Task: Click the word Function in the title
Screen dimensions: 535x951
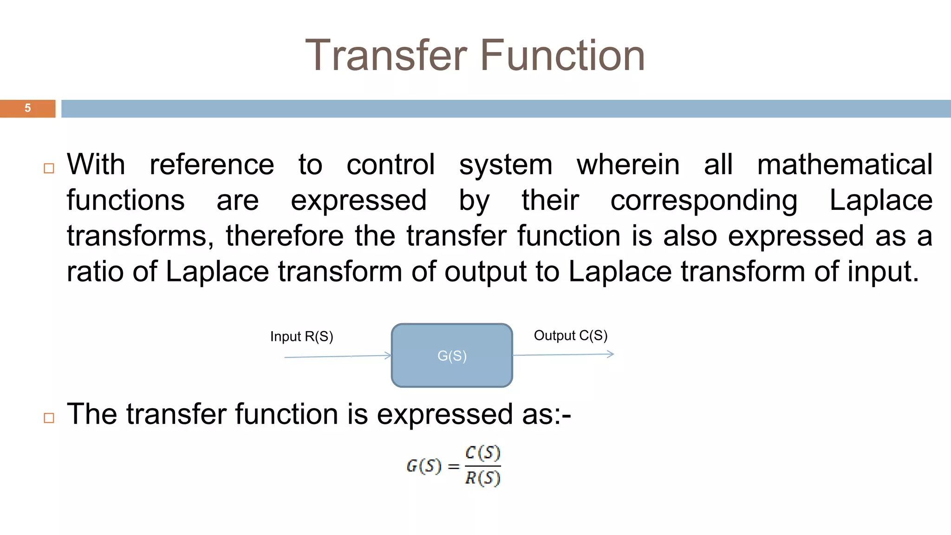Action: [562, 55]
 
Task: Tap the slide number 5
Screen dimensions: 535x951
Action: [28, 108]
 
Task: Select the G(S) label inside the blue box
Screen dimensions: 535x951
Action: [452, 356]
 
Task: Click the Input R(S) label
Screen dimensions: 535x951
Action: [301, 336]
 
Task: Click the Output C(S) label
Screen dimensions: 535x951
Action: [570, 335]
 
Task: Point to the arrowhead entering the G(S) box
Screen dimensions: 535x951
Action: [388, 356]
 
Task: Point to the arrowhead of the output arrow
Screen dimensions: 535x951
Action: [611, 354]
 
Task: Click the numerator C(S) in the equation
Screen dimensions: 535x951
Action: [482, 452]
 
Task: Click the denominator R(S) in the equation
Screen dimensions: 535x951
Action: [482, 477]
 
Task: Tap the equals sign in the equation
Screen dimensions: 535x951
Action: [454, 466]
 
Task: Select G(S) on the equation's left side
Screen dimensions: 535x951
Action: [423, 466]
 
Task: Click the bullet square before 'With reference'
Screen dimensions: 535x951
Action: [49, 168]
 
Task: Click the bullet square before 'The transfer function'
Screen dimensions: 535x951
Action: [49, 418]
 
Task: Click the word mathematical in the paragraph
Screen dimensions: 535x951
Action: [844, 164]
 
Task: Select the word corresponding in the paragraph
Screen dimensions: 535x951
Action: [703, 201]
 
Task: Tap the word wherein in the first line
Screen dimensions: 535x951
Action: [628, 164]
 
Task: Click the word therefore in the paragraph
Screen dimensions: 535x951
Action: [284, 236]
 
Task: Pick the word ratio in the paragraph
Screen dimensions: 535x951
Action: [95, 272]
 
